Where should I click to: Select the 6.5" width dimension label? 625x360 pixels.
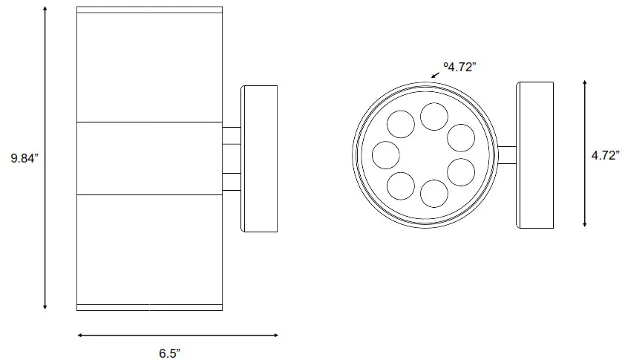tap(169, 353)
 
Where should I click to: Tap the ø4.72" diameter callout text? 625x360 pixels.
tap(459, 67)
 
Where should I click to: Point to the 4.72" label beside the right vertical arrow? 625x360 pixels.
tap(605, 156)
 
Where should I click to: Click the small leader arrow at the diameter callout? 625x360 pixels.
tap(435, 75)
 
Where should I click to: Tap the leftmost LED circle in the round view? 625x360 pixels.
tap(386, 155)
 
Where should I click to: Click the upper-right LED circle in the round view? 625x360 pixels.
tap(461, 137)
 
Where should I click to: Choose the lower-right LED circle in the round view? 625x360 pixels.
tap(461, 172)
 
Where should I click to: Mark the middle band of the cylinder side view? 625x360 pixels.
tap(149, 157)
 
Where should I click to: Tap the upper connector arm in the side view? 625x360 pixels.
tap(232, 135)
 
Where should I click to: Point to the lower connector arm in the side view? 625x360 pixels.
tap(232, 182)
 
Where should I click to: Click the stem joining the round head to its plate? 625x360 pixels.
tap(507, 154)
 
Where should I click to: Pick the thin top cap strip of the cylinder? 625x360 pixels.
tap(149, 10)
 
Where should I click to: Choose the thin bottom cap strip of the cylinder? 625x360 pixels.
tap(149, 307)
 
